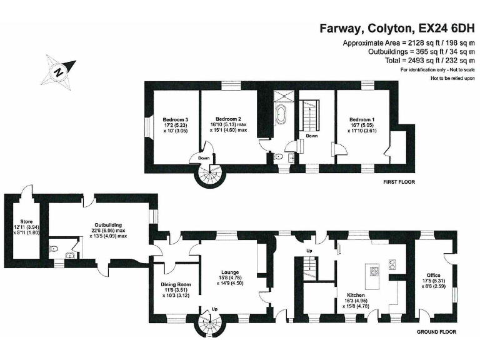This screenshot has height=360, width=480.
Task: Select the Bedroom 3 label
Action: click(x=176, y=119)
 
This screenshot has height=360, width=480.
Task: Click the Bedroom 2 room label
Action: click(x=228, y=119)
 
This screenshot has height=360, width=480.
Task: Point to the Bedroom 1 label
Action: click(x=362, y=119)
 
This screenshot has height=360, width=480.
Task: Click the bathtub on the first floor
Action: click(x=281, y=114)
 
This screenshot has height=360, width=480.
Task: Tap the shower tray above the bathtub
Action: click(x=284, y=96)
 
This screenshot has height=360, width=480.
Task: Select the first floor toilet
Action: click(x=278, y=157)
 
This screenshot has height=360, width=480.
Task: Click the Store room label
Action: click(x=26, y=221)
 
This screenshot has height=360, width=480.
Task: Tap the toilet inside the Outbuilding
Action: click(x=54, y=249)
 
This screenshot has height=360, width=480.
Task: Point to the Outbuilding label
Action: click(x=108, y=225)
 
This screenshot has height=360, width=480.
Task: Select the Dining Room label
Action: click(x=176, y=284)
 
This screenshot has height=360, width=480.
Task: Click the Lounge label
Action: click(x=230, y=272)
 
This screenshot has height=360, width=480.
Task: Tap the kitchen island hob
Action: click(x=374, y=271)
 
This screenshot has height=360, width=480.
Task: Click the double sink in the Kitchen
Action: click(x=392, y=264)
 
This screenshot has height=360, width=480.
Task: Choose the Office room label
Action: click(x=434, y=275)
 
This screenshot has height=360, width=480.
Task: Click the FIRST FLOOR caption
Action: click(x=399, y=182)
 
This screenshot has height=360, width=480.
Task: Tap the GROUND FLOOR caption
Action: click(x=436, y=332)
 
